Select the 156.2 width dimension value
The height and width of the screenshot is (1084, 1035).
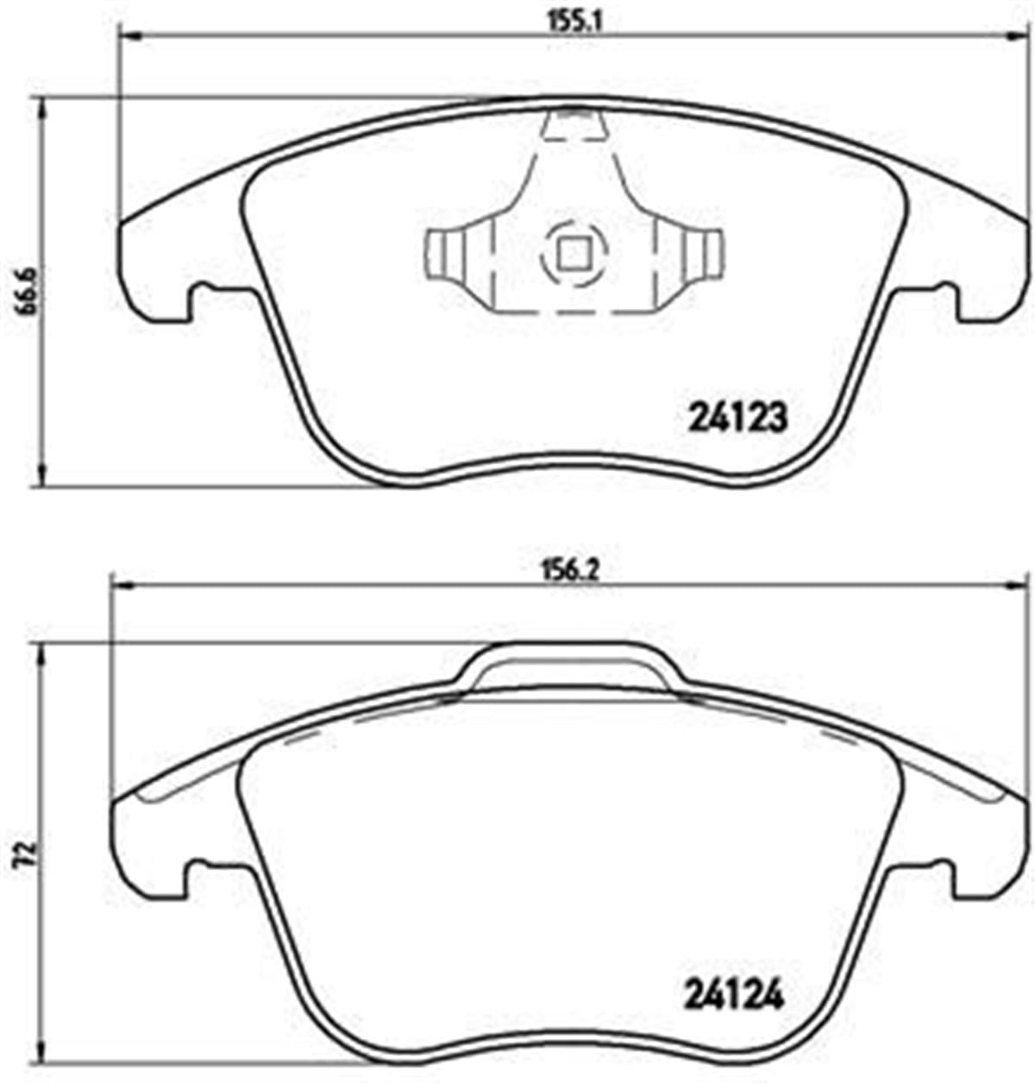point(569,569)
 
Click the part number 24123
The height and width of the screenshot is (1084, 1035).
point(737,419)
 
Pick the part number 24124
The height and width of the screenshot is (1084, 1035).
point(735,998)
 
